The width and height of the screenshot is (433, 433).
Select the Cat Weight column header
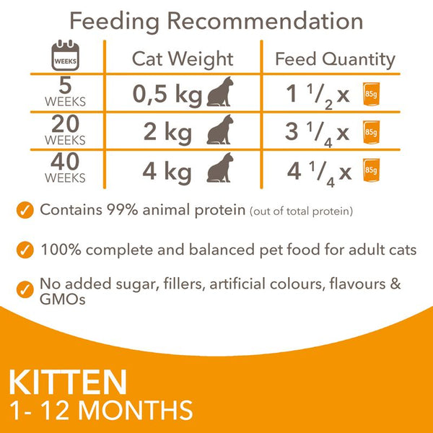[183, 58]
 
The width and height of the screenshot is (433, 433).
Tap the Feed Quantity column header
[335, 58]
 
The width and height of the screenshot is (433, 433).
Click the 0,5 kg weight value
[167, 95]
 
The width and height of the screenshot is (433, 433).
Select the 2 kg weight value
[175, 132]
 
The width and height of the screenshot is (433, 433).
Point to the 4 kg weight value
[175, 171]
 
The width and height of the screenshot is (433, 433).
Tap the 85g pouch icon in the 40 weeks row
[371, 170]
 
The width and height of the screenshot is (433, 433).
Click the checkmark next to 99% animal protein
[26, 211]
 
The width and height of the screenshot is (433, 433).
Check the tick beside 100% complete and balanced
[26, 250]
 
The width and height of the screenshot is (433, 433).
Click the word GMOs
[64, 298]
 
